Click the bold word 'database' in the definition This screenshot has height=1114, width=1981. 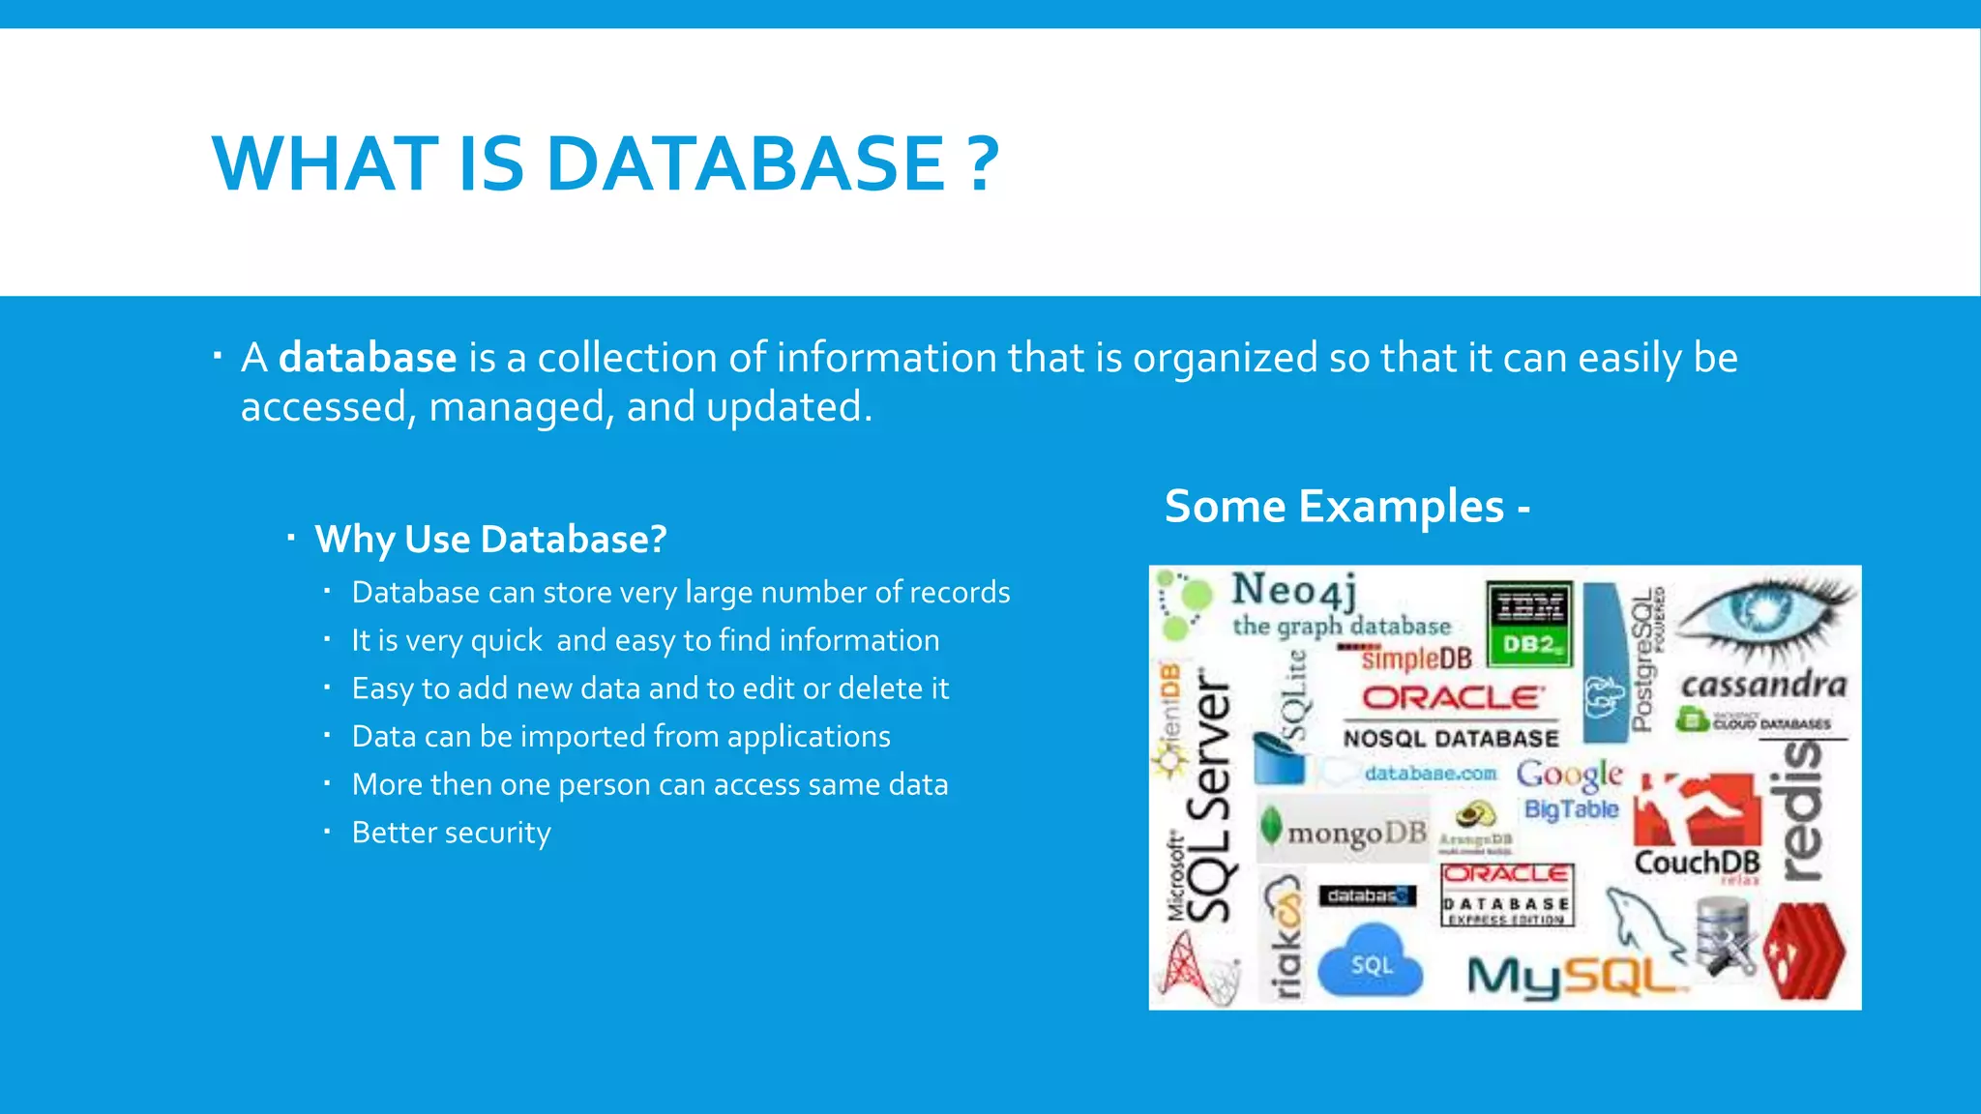pyautogui.click(x=368, y=358)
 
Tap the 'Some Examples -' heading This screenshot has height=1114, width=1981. pyautogui.click(x=1346, y=506)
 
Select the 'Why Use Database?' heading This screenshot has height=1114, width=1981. pyautogui.click(x=490, y=540)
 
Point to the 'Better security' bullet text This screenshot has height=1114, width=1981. pyautogui.click(x=451, y=833)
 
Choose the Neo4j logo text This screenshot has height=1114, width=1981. pyautogui.click(x=1294, y=589)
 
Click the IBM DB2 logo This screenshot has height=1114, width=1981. pyautogui.click(x=1528, y=624)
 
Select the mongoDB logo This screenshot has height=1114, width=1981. pyautogui.click(x=1345, y=831)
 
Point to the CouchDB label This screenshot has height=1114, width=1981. pyautogui.click(x=1697, y=862)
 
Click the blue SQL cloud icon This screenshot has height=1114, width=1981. pyautogui.click(x=1371, y=962)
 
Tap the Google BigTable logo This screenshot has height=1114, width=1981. pyautogui.click(x=1570, y=790)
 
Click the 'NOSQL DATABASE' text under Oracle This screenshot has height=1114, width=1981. pyautogui.click(x=1450, y=739)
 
